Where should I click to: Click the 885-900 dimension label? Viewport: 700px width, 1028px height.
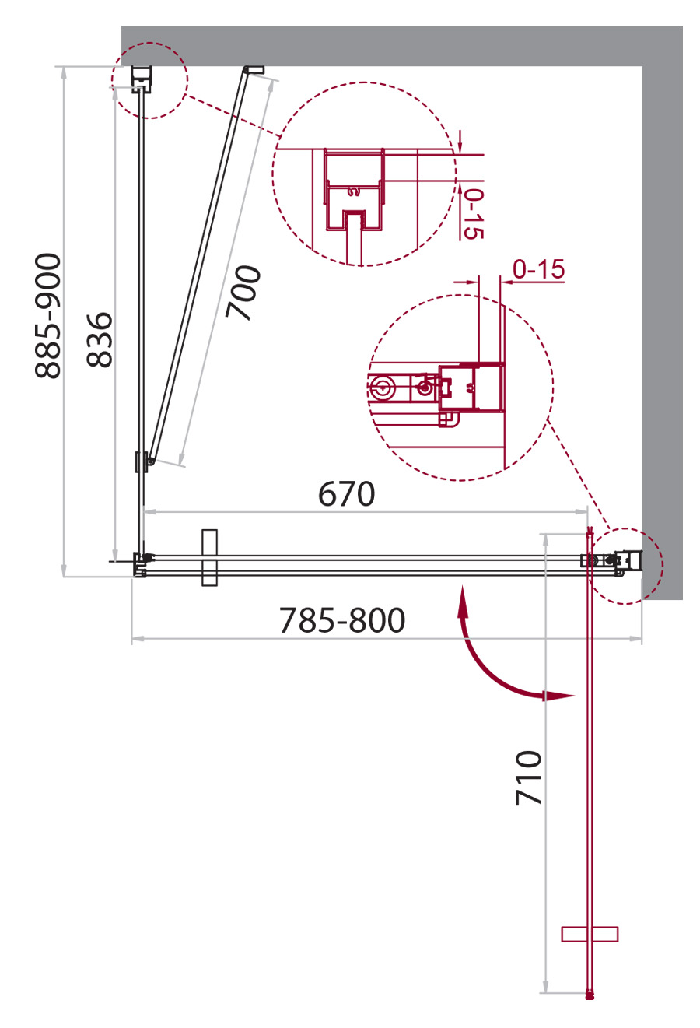click(x=47, y=315)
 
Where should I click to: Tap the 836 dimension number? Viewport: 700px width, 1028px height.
click(x=100, y=339)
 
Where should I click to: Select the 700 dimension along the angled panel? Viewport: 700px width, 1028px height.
click(x=243, y=293)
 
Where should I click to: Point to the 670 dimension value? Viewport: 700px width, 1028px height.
click(x=347, y=494)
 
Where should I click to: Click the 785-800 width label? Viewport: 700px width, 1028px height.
click(x=342, y=620)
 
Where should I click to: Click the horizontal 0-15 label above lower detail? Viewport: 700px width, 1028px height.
click(x=538, y=269)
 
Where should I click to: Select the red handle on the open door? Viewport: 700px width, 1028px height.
click(x=590, y=934)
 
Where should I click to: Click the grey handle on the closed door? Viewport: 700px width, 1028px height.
click(x=210, y=558)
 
